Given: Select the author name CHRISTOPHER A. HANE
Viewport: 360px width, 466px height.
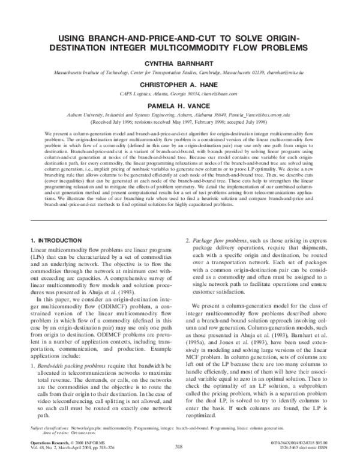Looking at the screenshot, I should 179,85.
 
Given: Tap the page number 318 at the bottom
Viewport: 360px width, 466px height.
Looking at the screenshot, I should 179,446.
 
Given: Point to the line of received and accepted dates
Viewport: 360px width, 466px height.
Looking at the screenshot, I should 179,123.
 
